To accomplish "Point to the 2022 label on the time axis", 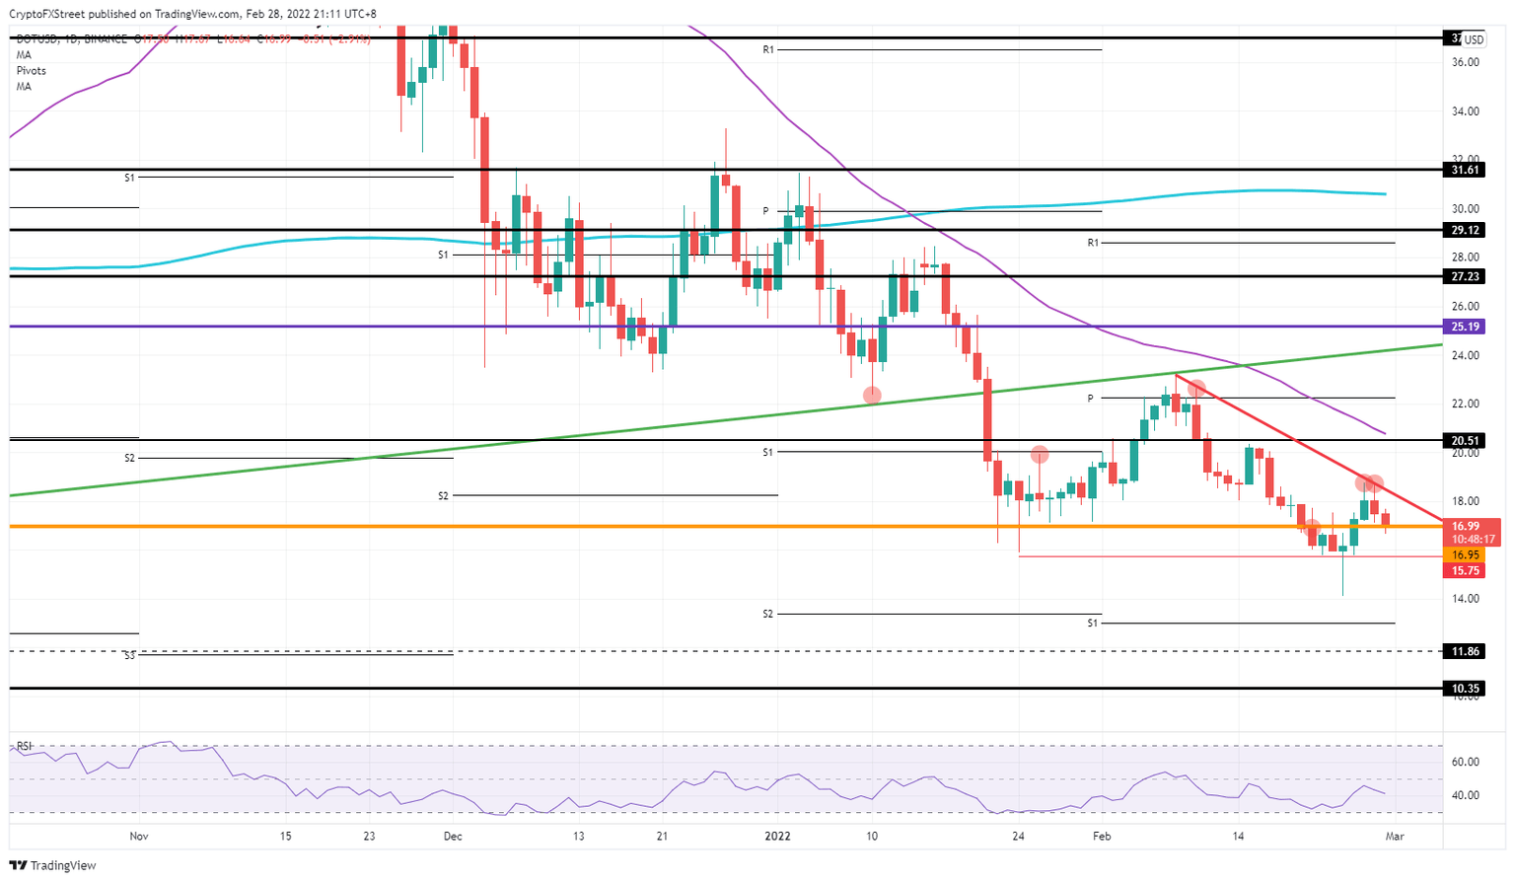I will (778, 837).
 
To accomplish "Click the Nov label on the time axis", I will (139, 837).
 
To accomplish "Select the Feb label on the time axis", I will (1102, 837).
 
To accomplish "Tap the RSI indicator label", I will (24, 746).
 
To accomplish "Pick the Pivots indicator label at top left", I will (31, 71).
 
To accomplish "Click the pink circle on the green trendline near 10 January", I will (872, 396).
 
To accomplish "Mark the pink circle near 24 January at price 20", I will (1040, 455).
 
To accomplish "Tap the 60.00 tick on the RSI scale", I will (1466, 762).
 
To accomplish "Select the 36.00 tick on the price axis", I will (1466, 62).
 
